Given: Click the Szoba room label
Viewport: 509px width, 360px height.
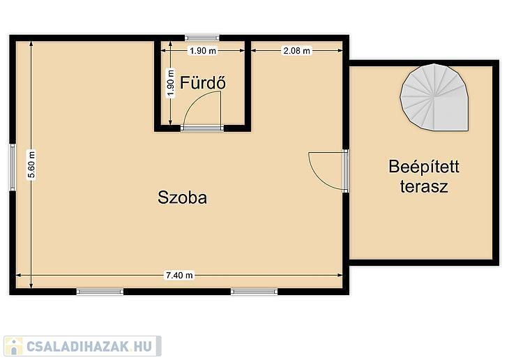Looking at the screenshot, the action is click(x=183, y=197).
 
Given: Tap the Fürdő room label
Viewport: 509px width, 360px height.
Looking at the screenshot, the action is click(x=203, y=82).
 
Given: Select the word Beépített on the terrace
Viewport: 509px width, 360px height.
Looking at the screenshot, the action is click(x=424, y=166).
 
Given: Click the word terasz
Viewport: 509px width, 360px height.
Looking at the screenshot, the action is click(x=424, y=186).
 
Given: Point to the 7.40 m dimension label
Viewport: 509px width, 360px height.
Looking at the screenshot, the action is click(x=179, y=276).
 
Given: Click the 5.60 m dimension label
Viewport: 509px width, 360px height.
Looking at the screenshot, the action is click(x=31, y=165).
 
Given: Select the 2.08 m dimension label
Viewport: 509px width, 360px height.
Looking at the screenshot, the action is click(x=297, y=51).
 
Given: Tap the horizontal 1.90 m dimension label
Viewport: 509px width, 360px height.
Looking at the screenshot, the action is click(x=203, y=51).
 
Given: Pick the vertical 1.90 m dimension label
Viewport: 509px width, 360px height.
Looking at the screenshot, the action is click(x=170, y=83).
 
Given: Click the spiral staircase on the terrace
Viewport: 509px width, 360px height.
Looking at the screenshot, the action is click(x=434, y=97).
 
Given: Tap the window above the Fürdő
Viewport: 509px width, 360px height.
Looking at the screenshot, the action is click(x=202, y=38).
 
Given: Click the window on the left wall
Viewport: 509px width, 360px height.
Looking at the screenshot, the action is click(x=13, y=167).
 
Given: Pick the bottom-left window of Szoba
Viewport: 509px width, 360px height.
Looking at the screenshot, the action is click(x=100, y=292).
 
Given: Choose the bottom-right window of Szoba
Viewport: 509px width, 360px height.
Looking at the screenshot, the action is click(x=254, y=292).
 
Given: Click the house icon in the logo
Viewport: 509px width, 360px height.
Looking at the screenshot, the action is click(x=14, y=346).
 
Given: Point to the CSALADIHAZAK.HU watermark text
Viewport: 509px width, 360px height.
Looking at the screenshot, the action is click(x=89, y=346).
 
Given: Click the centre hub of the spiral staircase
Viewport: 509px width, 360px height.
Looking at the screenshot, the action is click(x=434, y=96).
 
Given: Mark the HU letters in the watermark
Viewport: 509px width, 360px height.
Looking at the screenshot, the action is click(x=144, y=346).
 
